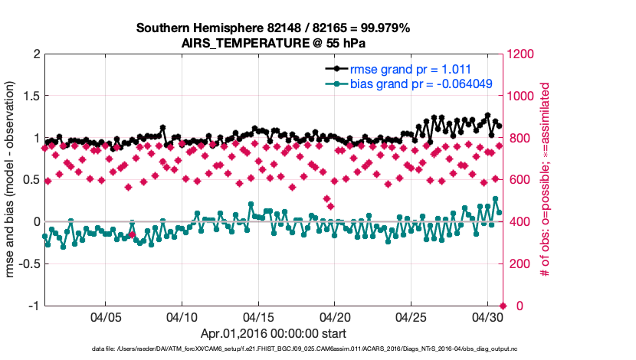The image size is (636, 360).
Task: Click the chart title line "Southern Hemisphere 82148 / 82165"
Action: point(273,28)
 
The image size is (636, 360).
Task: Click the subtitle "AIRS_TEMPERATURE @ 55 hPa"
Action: point(273,43)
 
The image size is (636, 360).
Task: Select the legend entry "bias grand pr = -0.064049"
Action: point(415,83)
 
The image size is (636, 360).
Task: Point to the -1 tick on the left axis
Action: point(33,306)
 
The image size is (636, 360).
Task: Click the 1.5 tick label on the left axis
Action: point(31,97)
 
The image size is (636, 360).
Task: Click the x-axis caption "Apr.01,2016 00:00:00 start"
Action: point(273,334)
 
